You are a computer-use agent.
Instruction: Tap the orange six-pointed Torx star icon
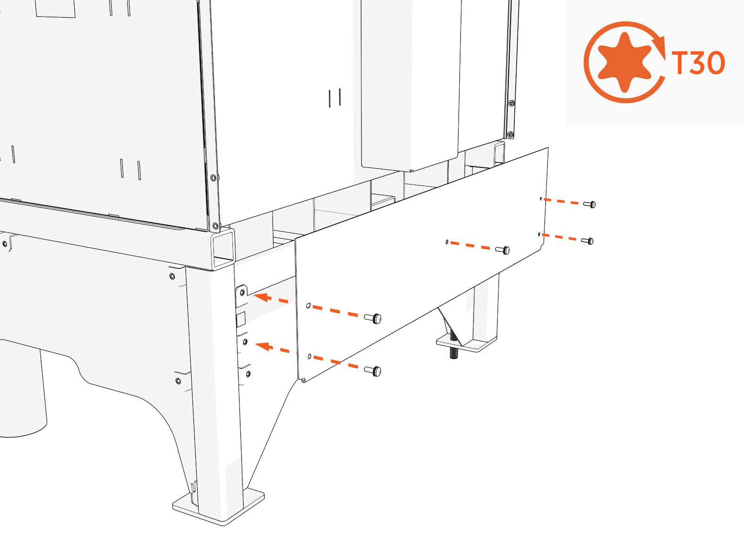pos(625,62)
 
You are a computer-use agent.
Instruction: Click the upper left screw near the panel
pos(373,319)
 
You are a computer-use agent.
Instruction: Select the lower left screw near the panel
pos(373,371)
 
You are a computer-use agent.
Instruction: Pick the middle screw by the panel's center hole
pos(503,250)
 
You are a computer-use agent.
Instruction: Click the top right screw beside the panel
pos(590,204)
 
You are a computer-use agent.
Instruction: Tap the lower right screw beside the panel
pos(588,241)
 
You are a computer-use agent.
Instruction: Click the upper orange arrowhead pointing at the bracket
pos(261,297)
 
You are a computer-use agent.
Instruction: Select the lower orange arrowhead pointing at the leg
pos(263,346)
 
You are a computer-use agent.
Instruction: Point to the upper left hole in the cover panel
pos(308,306)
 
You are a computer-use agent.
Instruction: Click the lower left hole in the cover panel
pos(310,356)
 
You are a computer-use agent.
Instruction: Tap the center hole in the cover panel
pos(447,242)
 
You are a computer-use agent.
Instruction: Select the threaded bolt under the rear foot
pos(453,347)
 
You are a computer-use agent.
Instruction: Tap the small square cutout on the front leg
pos(241,319)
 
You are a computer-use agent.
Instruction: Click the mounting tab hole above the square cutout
pos(242,292)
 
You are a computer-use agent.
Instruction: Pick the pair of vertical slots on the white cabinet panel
pos(335,98)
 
